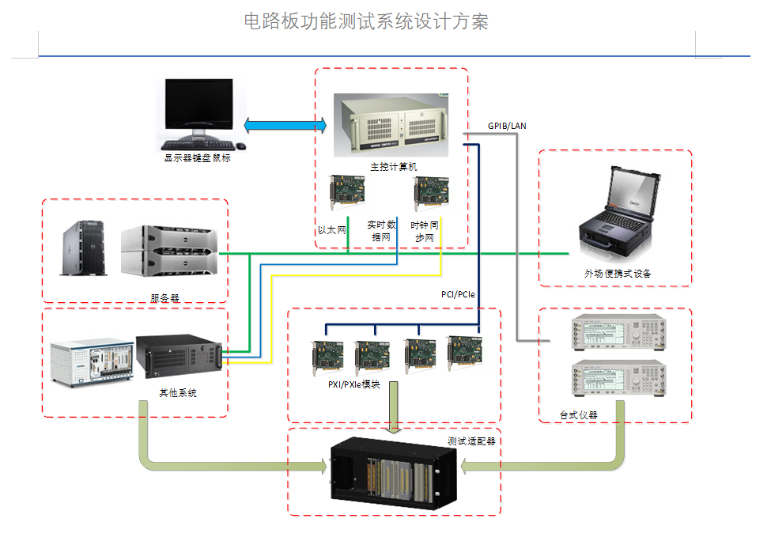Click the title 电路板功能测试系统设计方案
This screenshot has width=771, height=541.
pyautogui.click(x=366, y=21)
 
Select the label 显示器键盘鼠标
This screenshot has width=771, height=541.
pyautogui.click(x=197, y=157)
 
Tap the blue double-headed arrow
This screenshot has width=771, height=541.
pyautogui.click(x=285, y=125)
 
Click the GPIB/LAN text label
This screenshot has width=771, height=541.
pyautogui.click(x=507, y=126)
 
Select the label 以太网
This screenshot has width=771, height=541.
pyautogui.click(x=332, y=230)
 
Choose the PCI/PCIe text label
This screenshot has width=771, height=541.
pyautogui.click(x=458, y=294)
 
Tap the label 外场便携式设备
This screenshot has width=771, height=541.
pyautogui.click(x=618, y=274)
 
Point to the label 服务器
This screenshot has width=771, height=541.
pyautogui.click(x=164, y=298)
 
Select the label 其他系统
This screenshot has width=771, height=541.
pyautogui.click(x=178, y=393)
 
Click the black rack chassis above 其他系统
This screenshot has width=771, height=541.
pyautogui.click(x=178, y=358)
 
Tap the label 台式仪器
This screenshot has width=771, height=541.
pyautogui.click(x=578, y=414)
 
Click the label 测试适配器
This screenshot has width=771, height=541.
pyautogui.click(x=471, y=441)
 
